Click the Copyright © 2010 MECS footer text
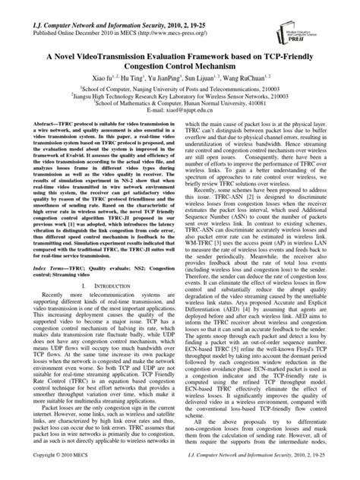point(58,472)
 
